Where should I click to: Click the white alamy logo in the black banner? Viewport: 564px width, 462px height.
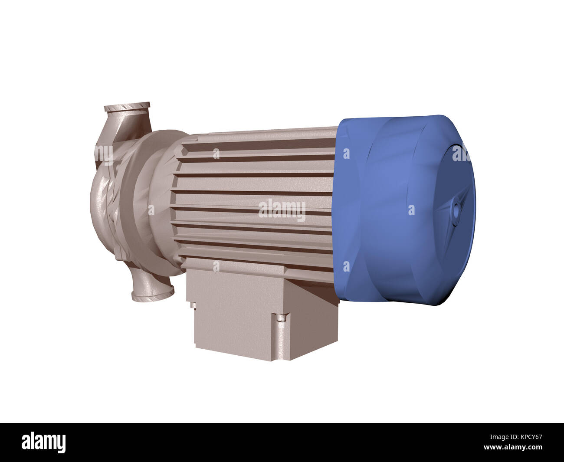pyautogui.click(x=44, y=442)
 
